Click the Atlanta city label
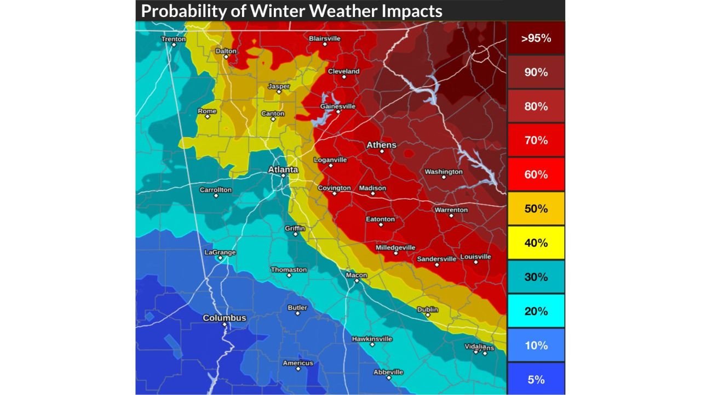pos(283,170)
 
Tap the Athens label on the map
pos(381,145)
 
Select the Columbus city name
pos(225,318)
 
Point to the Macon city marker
pos(356,281)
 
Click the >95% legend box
pos(536,38)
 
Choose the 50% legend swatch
pos(536,208)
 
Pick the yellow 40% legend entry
pos(536,242)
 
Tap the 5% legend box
pos(536,379)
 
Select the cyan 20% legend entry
pos(536,311)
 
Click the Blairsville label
pos(325,38)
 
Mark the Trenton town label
pos(174,39)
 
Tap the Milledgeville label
pos(395,247)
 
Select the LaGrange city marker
pos(220,258)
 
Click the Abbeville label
pos(388,372)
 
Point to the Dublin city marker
pos(428,315)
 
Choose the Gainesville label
pos(337,106)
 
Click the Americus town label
pos(298,363)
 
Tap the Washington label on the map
pos(444,172)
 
